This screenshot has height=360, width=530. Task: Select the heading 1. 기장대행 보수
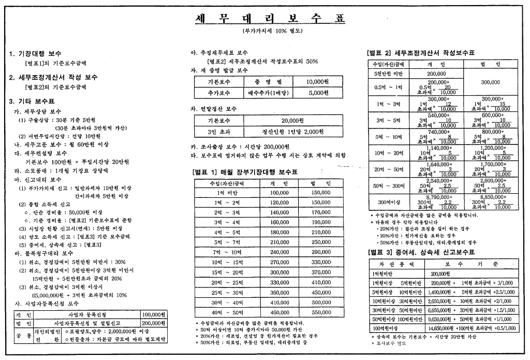tap(35, 53)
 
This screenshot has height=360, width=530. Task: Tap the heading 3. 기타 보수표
tap(32, 101)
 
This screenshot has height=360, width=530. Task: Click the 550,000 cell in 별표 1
tap(321, 312)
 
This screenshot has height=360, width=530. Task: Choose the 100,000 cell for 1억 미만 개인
tap(279, 192)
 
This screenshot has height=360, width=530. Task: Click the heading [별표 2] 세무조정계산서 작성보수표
tap(420, 53)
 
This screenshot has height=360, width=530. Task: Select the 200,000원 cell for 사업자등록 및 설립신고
tap(153, 322)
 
